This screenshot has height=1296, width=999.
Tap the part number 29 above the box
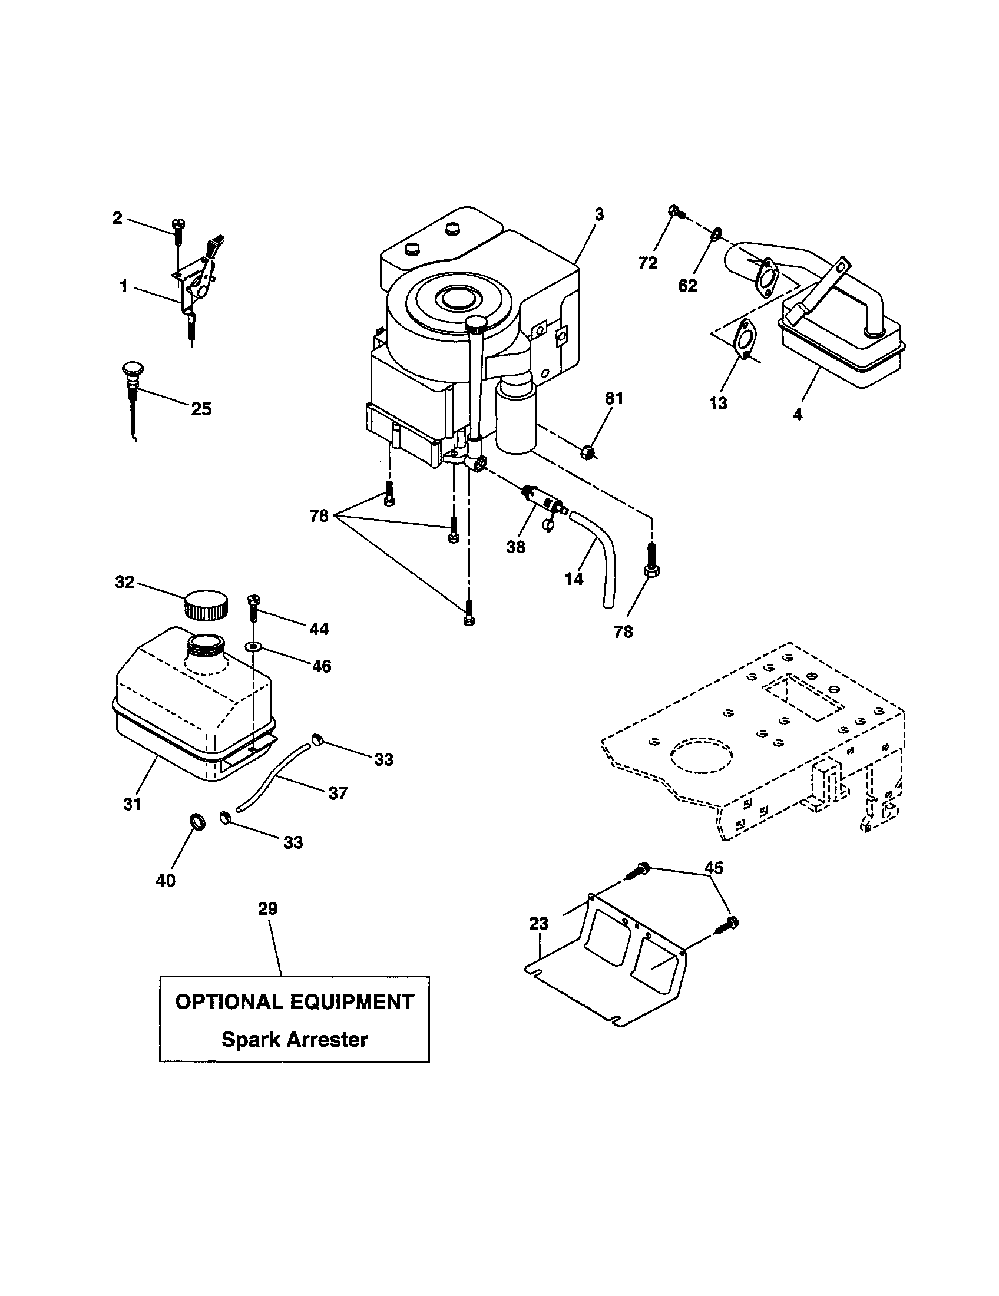click(267, 908)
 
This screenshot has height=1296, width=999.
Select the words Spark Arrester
click(295, 1040)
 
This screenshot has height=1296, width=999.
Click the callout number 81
click(614, 398)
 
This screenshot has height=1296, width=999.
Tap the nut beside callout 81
click(587, 454)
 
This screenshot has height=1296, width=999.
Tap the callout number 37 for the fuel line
click(338, 793)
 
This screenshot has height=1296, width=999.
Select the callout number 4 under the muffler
click(798, 414)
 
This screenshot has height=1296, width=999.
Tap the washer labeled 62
click(716, 233)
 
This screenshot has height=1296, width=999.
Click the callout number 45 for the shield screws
click(714, 868)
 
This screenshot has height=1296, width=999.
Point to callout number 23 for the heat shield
click(538, 923)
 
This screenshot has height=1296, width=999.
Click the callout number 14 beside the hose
click(574, 578)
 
